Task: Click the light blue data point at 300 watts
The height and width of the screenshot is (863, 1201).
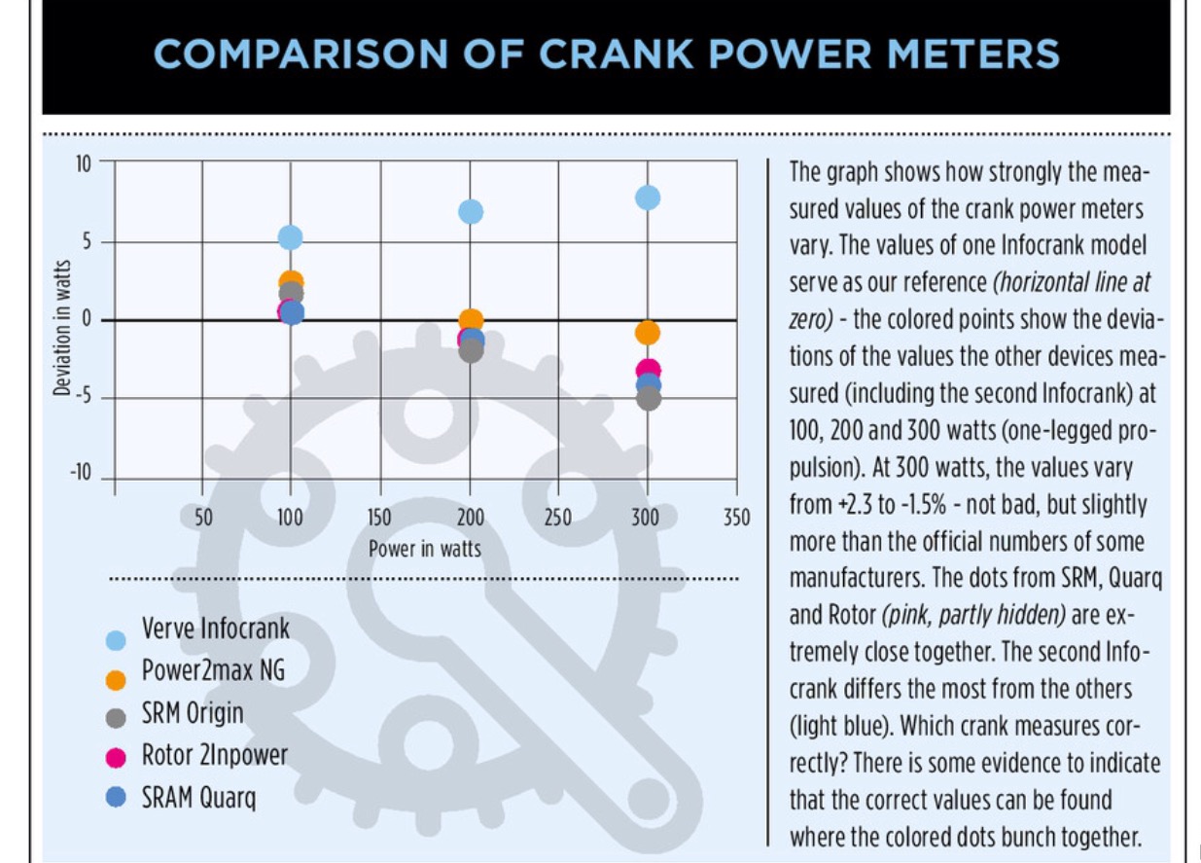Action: point(648,198)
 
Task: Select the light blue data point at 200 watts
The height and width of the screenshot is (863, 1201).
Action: point(471,211)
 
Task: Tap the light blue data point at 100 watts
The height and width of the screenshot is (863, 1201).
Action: point(290,237)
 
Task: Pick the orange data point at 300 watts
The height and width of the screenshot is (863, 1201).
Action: point(648,333)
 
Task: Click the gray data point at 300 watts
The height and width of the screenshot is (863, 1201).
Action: point(649,399)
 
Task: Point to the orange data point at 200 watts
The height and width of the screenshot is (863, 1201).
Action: point(471,319)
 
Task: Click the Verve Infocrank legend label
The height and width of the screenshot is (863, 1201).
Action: point(216,628)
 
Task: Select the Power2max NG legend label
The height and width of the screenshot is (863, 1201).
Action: point(213,670)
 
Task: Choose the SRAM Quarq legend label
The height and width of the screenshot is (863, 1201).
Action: point(199,798)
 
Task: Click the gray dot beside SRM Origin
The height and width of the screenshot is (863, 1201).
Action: point(116,718)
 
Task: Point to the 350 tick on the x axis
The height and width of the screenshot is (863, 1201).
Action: point(737,517)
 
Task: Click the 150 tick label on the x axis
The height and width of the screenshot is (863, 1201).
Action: point(379,517)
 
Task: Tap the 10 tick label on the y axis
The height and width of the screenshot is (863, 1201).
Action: point(83,162)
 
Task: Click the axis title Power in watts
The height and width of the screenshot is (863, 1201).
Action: point(425,549)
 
